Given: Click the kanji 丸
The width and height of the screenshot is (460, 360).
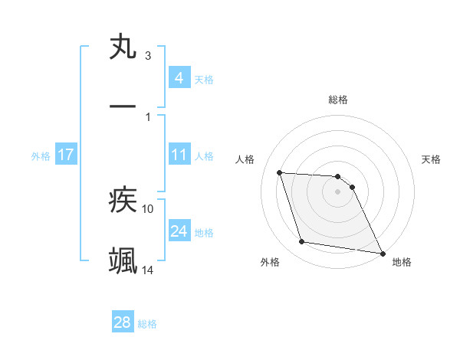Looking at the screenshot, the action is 123,47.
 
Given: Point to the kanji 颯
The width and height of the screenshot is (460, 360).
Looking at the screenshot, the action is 123,260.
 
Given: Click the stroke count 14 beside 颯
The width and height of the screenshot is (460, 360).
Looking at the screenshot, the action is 148,270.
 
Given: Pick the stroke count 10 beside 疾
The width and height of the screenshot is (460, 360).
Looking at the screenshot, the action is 148,208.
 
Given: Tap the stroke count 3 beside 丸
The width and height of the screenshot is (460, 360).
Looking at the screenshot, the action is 147,55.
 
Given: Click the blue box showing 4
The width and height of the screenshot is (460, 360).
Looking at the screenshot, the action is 179,78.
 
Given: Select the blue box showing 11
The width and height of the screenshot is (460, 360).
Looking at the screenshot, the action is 179,155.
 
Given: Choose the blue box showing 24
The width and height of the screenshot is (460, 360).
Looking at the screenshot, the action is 179,231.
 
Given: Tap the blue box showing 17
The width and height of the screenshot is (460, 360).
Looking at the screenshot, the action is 66,155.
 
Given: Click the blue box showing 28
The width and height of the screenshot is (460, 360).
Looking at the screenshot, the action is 123,322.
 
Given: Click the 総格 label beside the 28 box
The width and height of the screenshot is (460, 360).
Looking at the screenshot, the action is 147,324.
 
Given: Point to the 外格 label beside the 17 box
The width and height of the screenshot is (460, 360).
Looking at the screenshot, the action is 41,155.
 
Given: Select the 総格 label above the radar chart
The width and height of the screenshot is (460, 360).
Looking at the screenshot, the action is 338,100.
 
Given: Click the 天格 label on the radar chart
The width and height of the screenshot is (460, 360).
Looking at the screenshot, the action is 432,159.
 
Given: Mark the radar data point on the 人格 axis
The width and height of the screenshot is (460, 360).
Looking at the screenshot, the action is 280,172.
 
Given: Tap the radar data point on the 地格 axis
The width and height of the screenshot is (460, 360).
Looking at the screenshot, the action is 382,252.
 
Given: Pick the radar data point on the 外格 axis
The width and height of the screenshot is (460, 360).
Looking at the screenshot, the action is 302,242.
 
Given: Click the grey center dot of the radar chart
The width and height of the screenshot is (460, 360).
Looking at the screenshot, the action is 338,192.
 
